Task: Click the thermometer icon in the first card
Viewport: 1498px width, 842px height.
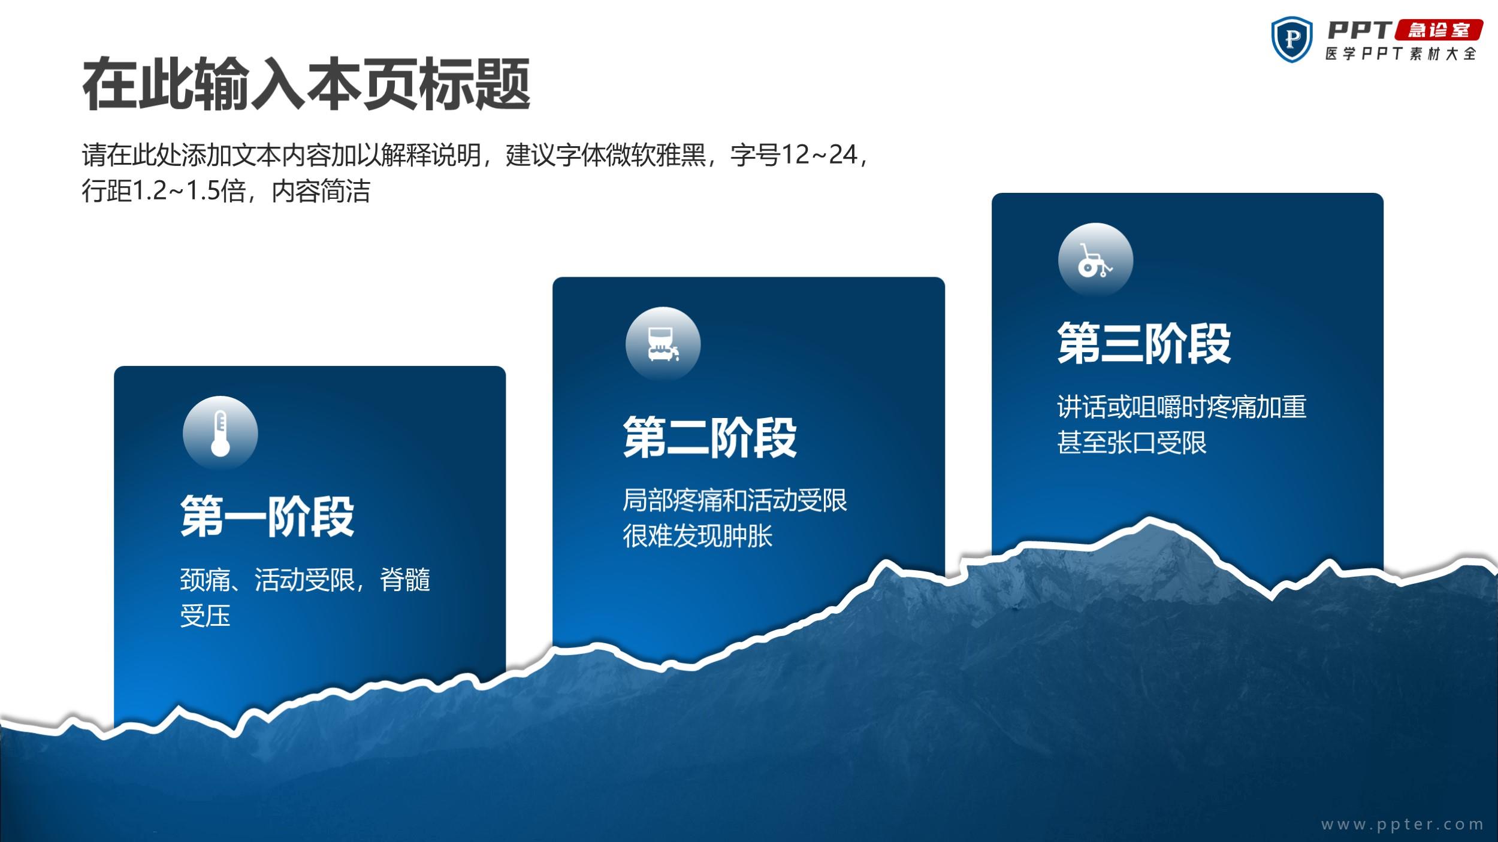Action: point(221,433)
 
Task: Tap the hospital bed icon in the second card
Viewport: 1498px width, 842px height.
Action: point(663,344)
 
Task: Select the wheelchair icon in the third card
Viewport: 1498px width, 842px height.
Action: point(1095,261)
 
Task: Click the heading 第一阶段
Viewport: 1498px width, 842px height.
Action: point(267,516)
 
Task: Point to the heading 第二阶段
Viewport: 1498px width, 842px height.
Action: point(710,437)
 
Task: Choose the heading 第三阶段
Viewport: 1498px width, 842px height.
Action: point(1144,343)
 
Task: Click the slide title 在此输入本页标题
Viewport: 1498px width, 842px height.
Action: point(306,84)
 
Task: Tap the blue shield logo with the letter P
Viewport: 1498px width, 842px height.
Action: point(1292,40)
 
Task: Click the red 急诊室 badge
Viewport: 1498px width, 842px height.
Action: point(1438,31)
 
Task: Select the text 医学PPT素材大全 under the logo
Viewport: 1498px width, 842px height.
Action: point(1400,54)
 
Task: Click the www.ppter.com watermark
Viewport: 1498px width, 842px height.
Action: point(1402,825)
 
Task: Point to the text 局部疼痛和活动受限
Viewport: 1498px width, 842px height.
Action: point(735,500)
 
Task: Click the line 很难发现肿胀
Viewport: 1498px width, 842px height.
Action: point(697,535)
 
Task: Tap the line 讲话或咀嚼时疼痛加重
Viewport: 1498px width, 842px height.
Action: point(1181,407)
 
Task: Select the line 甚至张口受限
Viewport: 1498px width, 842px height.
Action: point(1131,443)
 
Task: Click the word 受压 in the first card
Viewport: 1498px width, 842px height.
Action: point(205,616)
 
